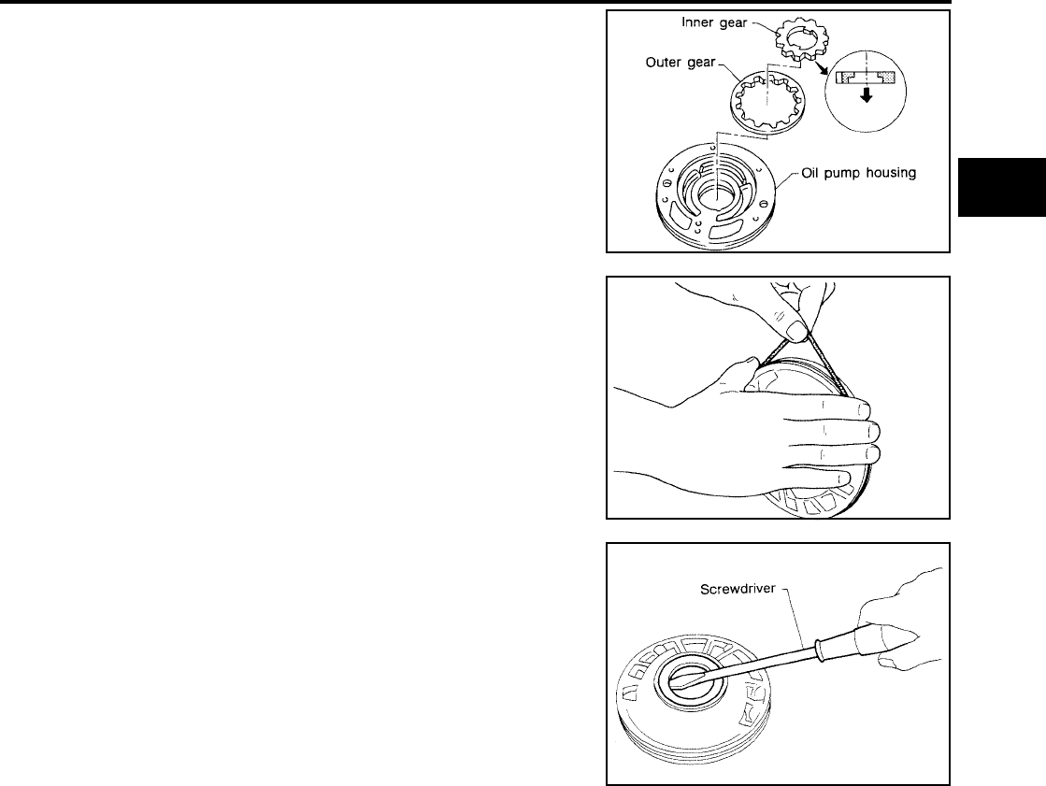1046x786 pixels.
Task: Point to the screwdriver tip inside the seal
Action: pos(691,684)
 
